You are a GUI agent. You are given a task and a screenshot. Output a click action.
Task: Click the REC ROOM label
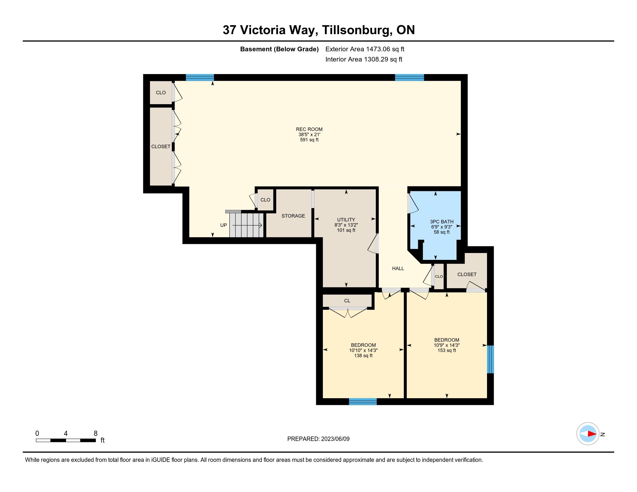tap(309, 129)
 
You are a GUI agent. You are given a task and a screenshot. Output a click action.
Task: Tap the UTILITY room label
tap(346, 219)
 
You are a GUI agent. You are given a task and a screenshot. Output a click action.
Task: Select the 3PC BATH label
tap(442, 221)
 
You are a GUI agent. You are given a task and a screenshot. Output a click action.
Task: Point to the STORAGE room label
tap(293, 216)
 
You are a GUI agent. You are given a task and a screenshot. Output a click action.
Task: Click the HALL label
tap(398, 269)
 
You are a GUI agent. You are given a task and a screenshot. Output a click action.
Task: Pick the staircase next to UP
tap(246, 225)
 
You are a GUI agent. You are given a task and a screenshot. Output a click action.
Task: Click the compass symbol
tap(588, 434)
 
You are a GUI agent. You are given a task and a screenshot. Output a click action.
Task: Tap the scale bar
tap(66, 440)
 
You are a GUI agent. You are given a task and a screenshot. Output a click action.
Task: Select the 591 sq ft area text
tap(309, 140)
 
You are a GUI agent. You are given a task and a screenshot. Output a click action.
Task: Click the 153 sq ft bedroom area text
tap(446, 350)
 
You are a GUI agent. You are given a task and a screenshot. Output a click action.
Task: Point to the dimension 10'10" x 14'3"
tap(363, 350)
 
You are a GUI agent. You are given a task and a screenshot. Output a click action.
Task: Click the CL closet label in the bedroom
tap(347, 300)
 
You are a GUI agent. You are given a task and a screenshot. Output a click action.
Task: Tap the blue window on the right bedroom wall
tap(490, 359)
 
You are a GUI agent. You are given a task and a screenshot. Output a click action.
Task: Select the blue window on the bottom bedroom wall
tap(363, 402)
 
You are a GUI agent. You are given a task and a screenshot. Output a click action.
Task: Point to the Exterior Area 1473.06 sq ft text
tap(365, 49)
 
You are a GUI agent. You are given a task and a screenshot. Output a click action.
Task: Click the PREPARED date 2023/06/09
tap(335, 439)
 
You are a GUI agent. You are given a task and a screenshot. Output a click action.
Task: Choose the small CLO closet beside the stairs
tap(265, 200)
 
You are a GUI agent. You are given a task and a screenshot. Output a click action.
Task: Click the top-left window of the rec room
tap(200, 78)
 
